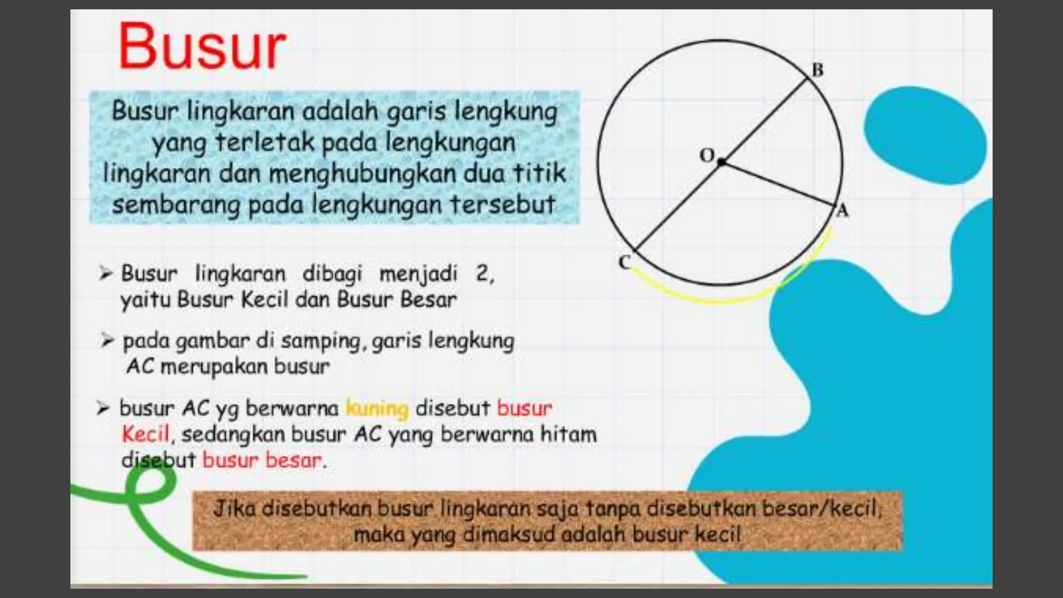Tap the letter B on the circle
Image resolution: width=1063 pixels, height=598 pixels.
pos(817,70)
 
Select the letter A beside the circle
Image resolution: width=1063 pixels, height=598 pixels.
pos(842,211)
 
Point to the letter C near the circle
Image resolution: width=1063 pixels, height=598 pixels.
pos(624,262)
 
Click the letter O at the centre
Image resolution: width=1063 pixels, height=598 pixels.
pos(707,155)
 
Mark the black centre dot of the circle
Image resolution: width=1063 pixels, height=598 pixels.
pos(721,162)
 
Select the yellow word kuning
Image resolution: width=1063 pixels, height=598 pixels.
pos(377,409)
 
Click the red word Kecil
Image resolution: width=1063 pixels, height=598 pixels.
pos(145,434)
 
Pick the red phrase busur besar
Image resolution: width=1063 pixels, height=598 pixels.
pos(262,460)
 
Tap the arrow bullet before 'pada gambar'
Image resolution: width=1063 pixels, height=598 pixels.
pos(107,341)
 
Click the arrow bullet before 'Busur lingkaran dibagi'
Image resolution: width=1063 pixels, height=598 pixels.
pos(106,273)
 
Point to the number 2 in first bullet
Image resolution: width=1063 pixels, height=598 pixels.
pos(482,273)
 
